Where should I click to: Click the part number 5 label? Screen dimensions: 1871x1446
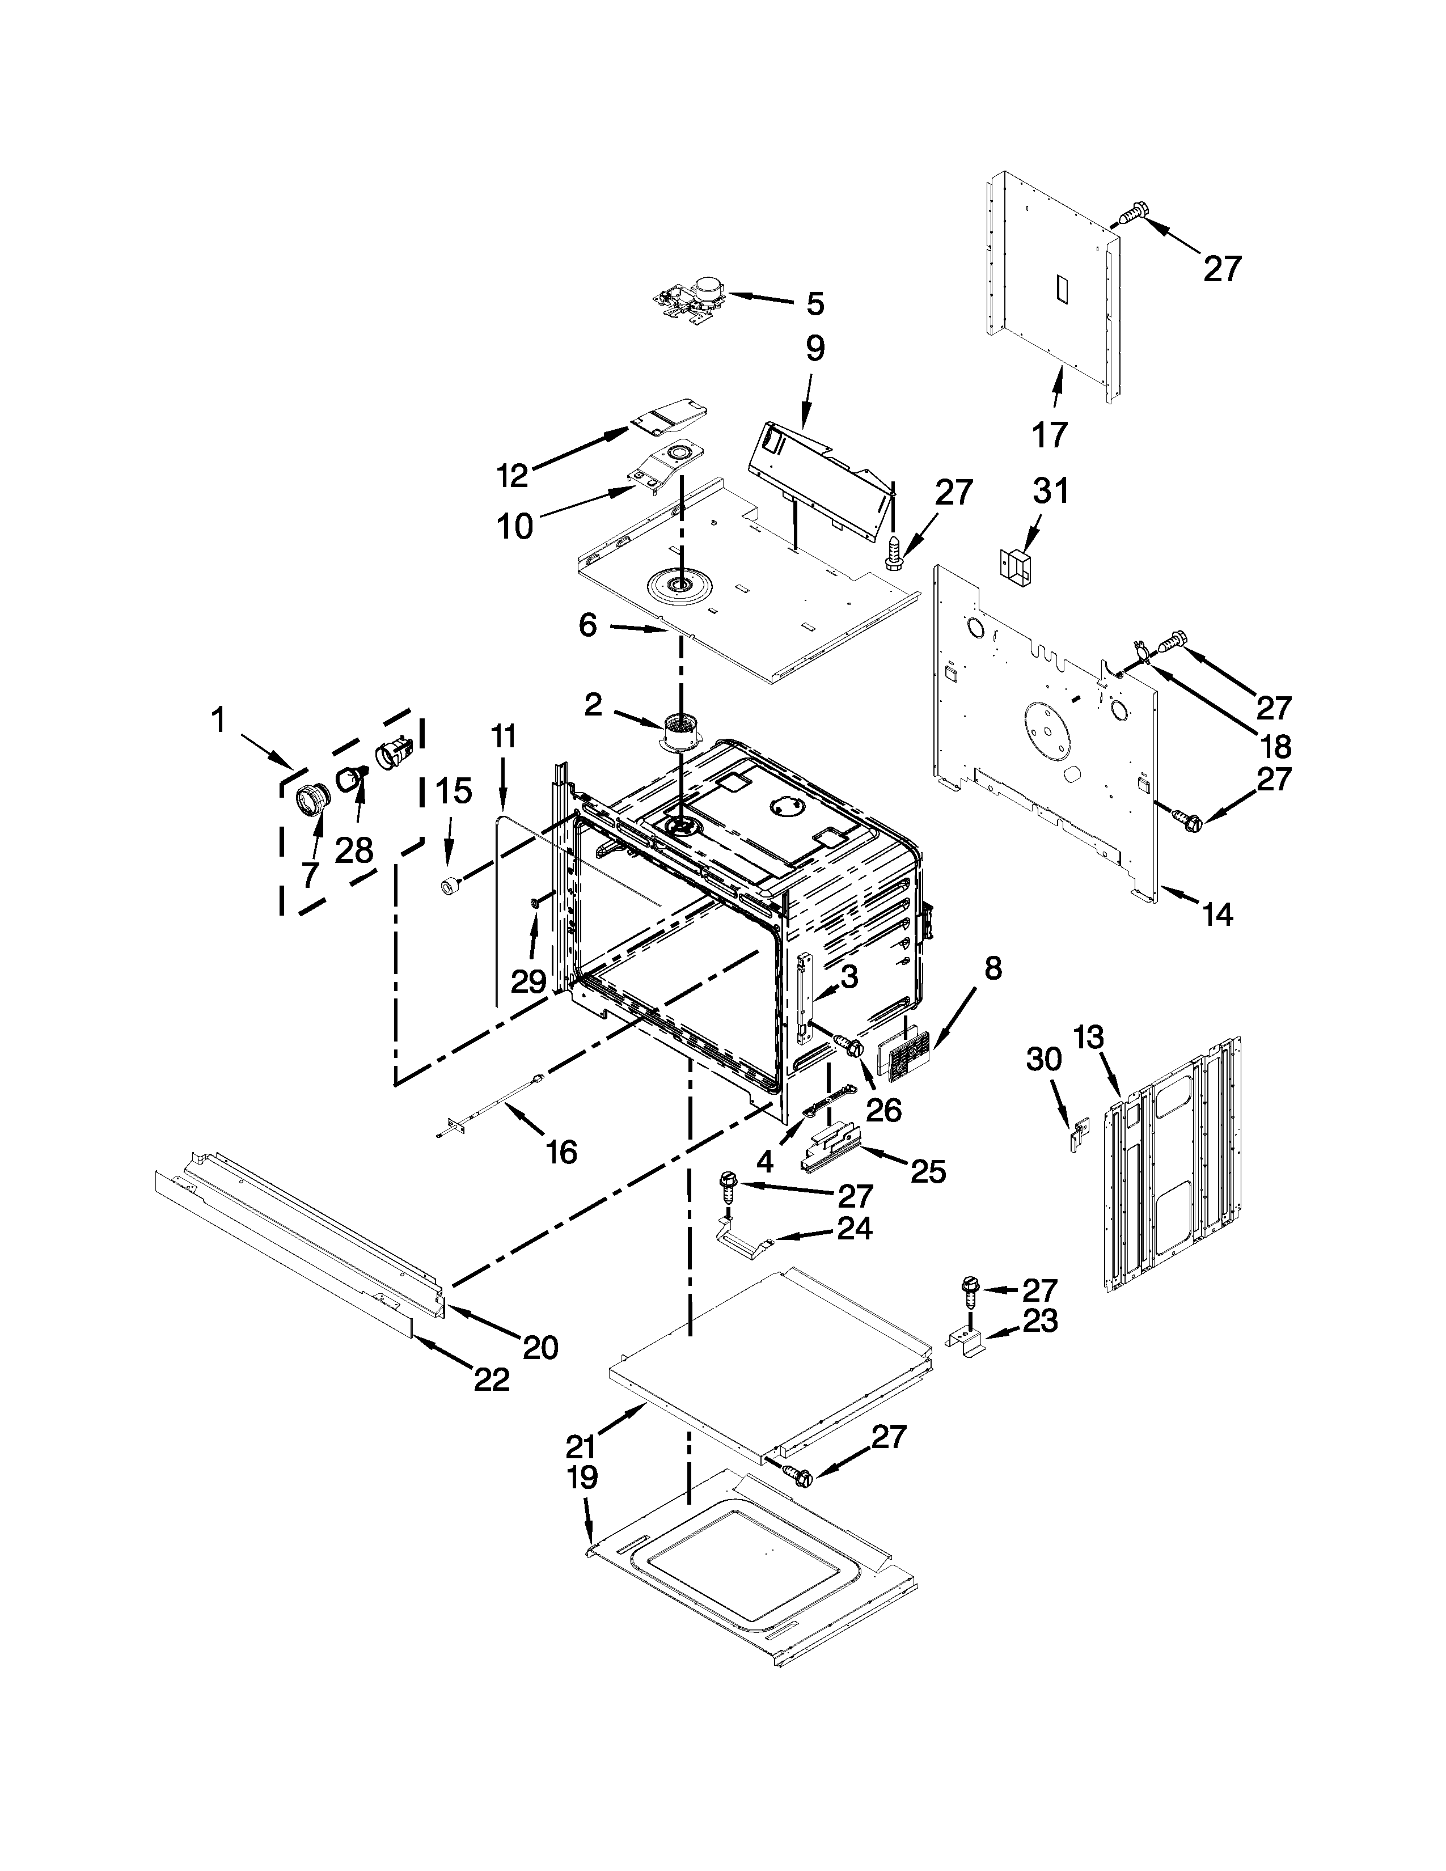[815, 303]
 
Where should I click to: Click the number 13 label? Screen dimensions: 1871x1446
[1089, 1038]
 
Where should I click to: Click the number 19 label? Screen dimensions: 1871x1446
[582, 1478]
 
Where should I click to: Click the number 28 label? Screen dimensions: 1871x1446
[353, 850]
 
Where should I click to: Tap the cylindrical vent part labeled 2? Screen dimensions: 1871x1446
[681, 733]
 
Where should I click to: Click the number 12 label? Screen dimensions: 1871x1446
[513, 476]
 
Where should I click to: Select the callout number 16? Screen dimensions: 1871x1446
[561, 1152]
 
